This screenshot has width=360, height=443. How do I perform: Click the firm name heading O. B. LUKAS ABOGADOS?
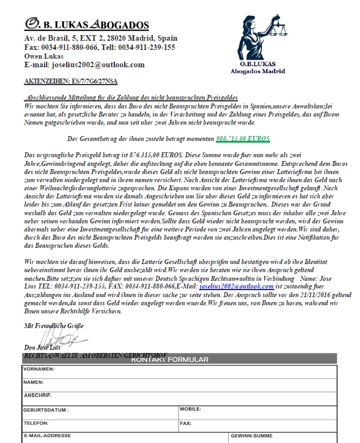pyautogui.click(x=87, y=24)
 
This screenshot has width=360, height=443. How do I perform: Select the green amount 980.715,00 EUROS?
pyautogui.click(x=242, y=139)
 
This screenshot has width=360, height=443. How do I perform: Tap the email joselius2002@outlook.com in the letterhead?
pyautogui.click(x=85, y=65)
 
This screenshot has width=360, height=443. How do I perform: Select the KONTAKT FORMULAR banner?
pyautogui.click(x=170, y=359)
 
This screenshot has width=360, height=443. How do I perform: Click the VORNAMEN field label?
pyautogui.click(x=38, y=369)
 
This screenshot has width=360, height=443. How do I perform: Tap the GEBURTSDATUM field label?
pyautogui.click(x=46, y=410)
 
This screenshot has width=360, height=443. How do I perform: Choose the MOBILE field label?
pyautogui.click(x=190, y=409)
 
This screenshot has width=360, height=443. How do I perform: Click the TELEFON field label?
pyautogui.click(x=36, y=423)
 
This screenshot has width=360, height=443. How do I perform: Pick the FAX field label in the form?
pyautogui.click(x=185, y=423)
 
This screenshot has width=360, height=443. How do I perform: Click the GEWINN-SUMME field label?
pyautogui.click(x=252, y=435)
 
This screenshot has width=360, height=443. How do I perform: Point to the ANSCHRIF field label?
pyautogui.click(x=37, y=395)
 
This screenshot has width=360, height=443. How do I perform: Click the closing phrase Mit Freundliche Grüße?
pyautogui.click(x=47, y=325)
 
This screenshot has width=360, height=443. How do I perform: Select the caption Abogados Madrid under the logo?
pyautogui.click(x=258, y=71)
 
